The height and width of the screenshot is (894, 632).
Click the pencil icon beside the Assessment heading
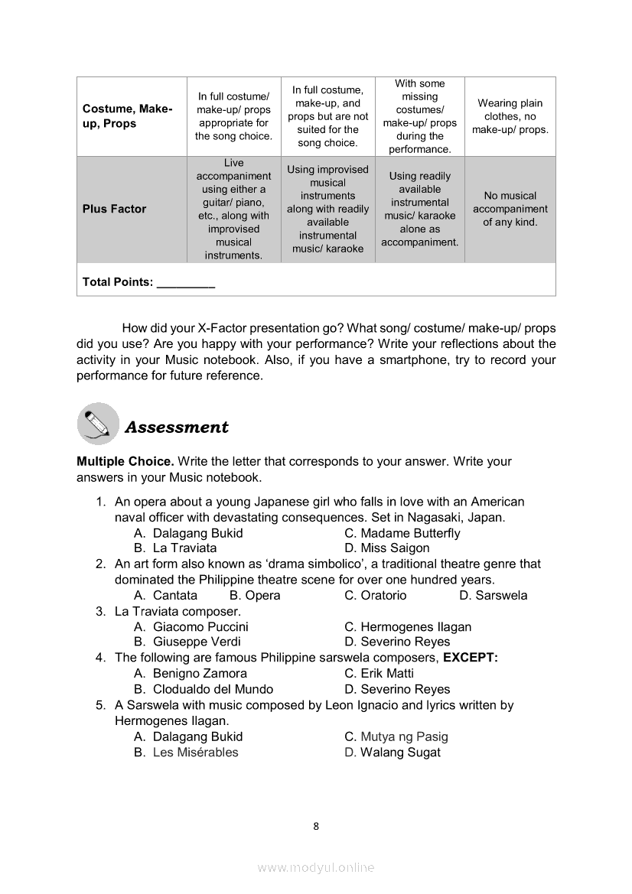pos(98,424)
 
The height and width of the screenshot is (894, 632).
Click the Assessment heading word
pos(176,427)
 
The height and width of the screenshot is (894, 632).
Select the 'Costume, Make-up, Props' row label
pos(128,116)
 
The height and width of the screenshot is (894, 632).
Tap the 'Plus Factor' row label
pos(114,209)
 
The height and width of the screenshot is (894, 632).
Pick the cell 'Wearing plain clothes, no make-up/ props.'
pos(510,116)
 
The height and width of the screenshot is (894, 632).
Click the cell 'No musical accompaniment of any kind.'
pos(510,209)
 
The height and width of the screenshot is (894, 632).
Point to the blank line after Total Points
pos(185,282)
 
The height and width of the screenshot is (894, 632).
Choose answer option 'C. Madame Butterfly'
pos(402,533)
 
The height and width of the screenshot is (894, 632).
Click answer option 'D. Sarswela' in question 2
pos(494,595)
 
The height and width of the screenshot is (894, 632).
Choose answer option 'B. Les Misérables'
pos(186,752)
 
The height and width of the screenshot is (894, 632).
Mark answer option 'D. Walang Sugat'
pos(393,752)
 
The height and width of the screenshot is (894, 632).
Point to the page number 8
pos(316,826)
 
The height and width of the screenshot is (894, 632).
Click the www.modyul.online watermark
pos(316,867)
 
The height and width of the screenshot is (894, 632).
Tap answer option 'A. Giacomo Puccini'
pos(191,626)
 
